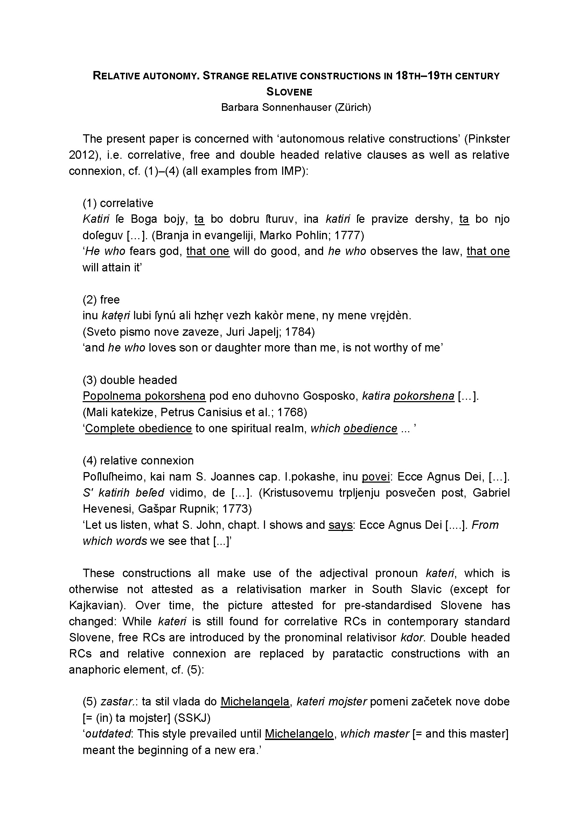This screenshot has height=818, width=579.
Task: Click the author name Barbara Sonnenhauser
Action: click(x=276, y=107)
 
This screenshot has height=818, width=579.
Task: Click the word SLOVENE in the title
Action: click(x=289, y=92)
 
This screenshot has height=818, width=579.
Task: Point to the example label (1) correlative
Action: click(x=118, y=203)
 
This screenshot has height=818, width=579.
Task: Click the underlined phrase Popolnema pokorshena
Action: click(x=144, y=396)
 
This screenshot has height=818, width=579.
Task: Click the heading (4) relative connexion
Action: click(x=138, y=460)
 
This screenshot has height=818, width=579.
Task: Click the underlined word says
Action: click(x=340, y=525)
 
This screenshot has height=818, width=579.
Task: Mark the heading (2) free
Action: click(x=101, y=299)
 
